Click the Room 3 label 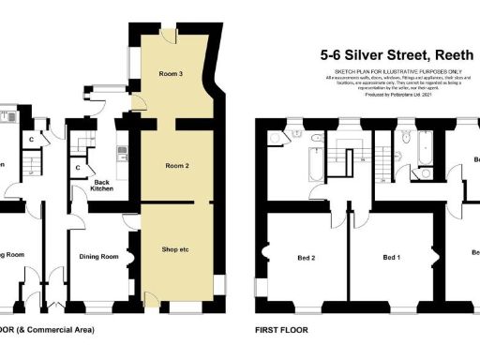tap(170, 73)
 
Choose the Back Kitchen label tap(102, 185)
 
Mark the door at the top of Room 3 tap(167, 37)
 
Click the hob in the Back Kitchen tap(121, 151)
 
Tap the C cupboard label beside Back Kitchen tap(77, 169)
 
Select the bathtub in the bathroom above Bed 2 tap(309, 171)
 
